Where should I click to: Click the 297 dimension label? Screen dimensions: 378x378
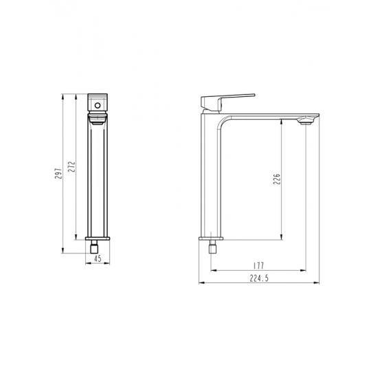tap(58, 173)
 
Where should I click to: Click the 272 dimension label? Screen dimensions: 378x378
tap(71, 167)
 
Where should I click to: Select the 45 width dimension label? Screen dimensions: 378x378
tap(98, 258)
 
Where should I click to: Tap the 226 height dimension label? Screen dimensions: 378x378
tap(277, 179)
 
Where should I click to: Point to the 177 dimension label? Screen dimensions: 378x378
tap(259, 266)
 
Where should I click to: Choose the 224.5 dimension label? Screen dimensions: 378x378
tap(259, 278)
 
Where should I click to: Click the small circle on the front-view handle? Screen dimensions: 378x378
tap(98, 105)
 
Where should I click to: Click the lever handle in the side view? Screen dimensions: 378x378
tap(227, 102)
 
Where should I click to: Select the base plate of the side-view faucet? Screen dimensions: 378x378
tap(211, 238)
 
